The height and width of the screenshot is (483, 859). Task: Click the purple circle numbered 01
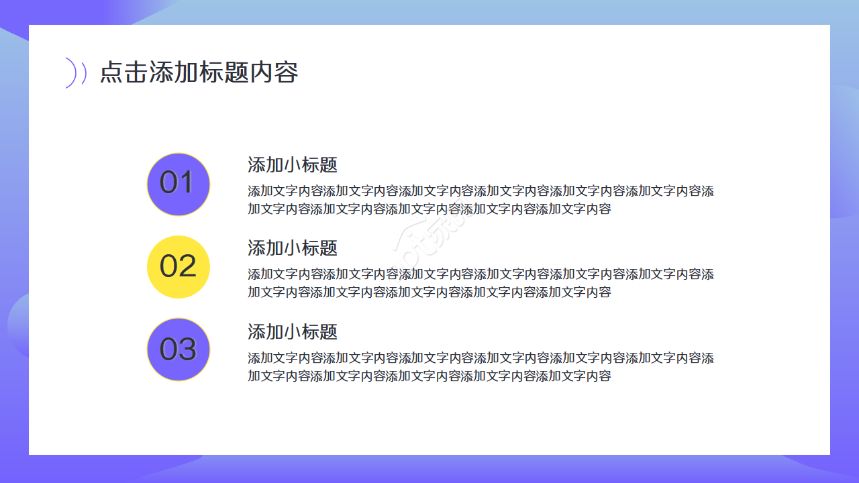tap(179, 184)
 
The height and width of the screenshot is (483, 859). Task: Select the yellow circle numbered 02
tap(179, 267)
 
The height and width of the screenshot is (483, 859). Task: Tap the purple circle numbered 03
tap(179, 350)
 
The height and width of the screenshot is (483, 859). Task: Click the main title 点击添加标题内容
tap(199, 72)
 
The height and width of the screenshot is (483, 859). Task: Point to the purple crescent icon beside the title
tap(73, 73)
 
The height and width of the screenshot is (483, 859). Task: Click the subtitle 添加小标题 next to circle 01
tap(293, 165)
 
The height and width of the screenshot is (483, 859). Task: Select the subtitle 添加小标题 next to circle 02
tap(293, 248)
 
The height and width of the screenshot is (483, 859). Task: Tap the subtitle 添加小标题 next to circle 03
tap(293, 332)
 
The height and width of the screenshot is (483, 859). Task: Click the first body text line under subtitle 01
tap(481, 191)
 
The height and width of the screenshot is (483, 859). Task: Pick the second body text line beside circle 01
tap(429, 209)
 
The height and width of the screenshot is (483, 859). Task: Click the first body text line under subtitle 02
tap(481, 274)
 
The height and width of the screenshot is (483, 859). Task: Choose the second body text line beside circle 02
tap(429, 292)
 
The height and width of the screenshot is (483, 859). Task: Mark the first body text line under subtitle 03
tap(481, 358)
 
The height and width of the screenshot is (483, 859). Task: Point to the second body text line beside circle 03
tap(429, 376)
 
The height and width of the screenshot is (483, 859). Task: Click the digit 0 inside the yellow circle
tap(168, 267)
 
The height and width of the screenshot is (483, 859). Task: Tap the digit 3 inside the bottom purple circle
tap(187, 350)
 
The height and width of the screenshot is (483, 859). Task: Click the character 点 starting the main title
tap(111, 72)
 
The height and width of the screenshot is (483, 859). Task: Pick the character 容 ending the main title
tap(286, 72)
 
